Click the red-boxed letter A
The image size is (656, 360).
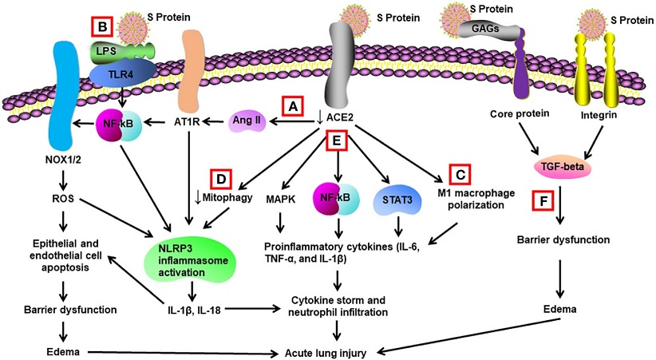293,107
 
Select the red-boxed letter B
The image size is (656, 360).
102,27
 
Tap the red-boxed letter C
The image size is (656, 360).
460,174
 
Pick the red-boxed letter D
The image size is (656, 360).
221,179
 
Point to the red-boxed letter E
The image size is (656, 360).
337,140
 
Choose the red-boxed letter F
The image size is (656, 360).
543,200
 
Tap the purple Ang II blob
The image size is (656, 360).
247,121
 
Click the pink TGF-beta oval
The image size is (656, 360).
559,168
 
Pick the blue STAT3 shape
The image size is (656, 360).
397,200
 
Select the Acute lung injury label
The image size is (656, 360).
326,353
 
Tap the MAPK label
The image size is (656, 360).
281,200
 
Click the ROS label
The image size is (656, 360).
63,199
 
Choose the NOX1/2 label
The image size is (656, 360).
63,159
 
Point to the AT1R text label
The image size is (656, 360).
187,122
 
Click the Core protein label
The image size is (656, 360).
520,114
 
